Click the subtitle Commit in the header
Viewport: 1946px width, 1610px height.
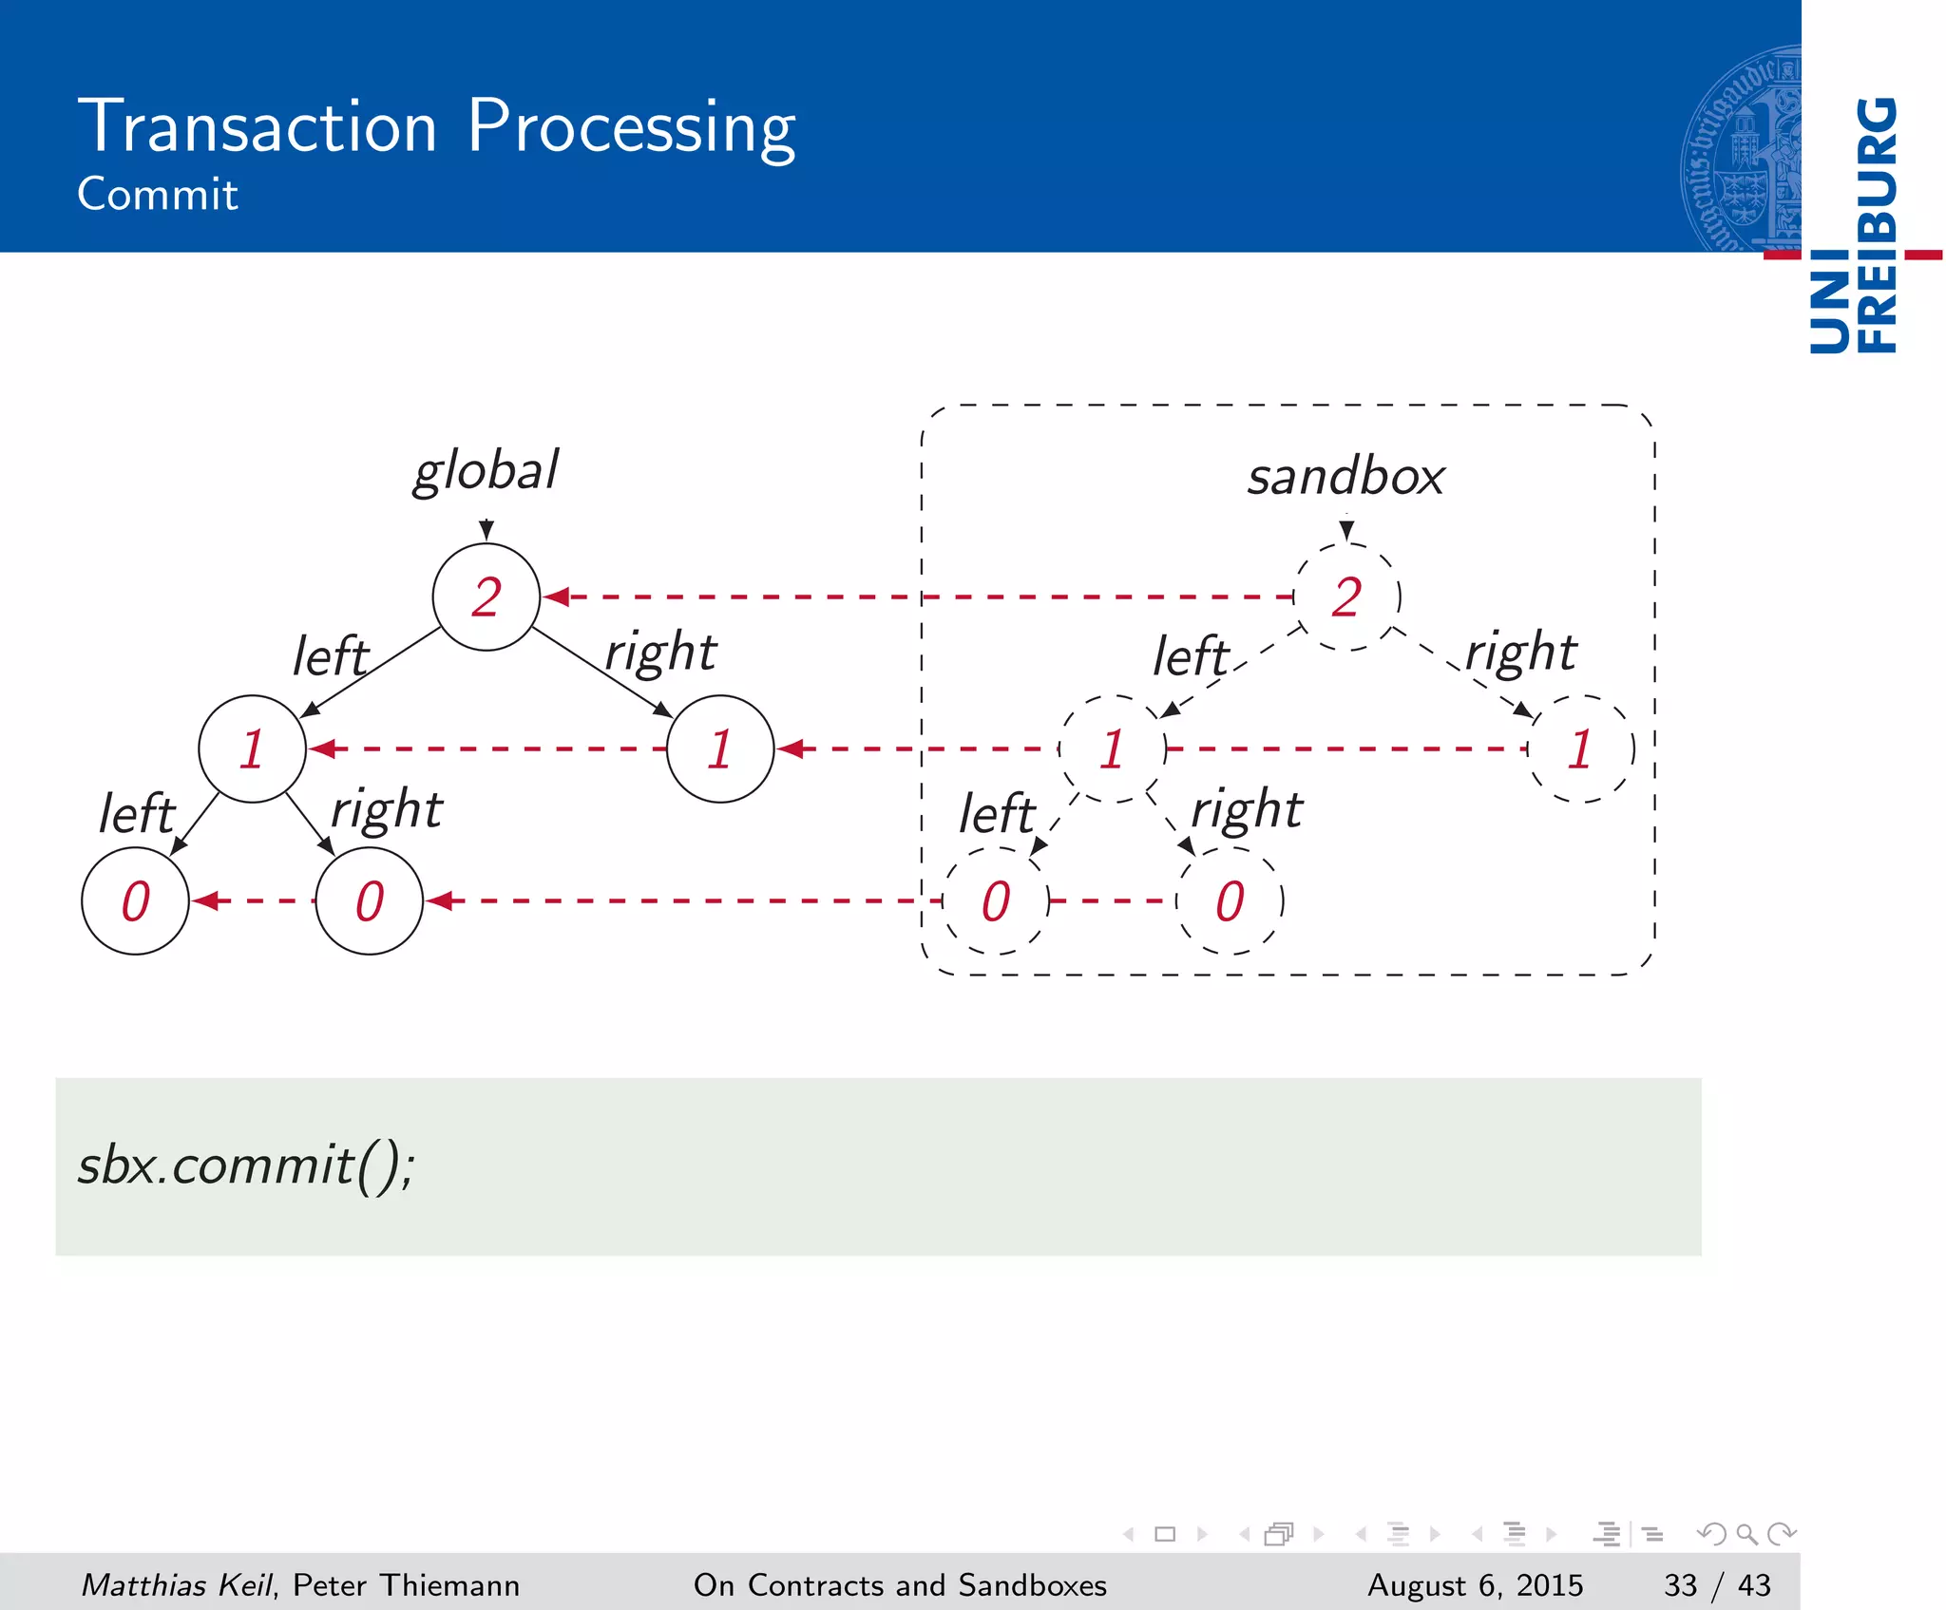pos(157,194)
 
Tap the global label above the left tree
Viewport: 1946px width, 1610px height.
pos(486,470)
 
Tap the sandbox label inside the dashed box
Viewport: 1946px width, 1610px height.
pos(1345,476)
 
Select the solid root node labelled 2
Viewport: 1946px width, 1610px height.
pos(486,597)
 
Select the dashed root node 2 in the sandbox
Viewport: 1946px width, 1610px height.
pos(1346,597)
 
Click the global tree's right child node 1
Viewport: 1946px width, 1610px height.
pos(720,749)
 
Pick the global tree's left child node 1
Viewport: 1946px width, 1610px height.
pos(252,749)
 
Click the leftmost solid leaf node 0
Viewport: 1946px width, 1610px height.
pos(136,901)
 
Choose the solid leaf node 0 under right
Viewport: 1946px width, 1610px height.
pos(370,901)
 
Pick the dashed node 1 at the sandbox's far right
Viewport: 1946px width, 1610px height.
pos(1580,749)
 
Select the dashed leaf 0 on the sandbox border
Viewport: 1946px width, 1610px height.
pos(996,901)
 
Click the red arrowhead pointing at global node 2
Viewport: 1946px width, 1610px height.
pos(557,597)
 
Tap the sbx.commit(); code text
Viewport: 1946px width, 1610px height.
pos(246,1165)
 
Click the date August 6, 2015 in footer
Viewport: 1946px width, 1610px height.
pos(1475,1584)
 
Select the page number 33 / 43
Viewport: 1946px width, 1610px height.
pos(1717,1584)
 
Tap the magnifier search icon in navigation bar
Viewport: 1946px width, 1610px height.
pos(1746,1533)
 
